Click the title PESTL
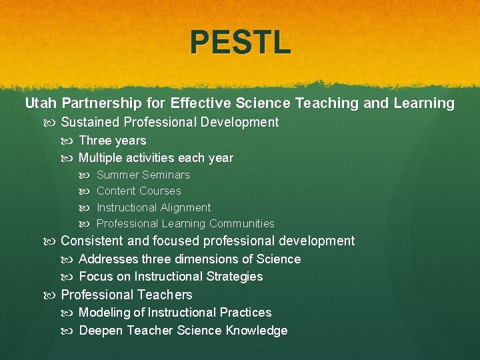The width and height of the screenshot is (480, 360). pos(240,41)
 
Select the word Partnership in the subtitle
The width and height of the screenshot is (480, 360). pos(101,103)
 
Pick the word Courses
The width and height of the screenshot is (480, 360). pos(160,191)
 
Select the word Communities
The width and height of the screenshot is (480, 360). pos(242,223)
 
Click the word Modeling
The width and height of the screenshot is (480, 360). pos(104,313)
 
